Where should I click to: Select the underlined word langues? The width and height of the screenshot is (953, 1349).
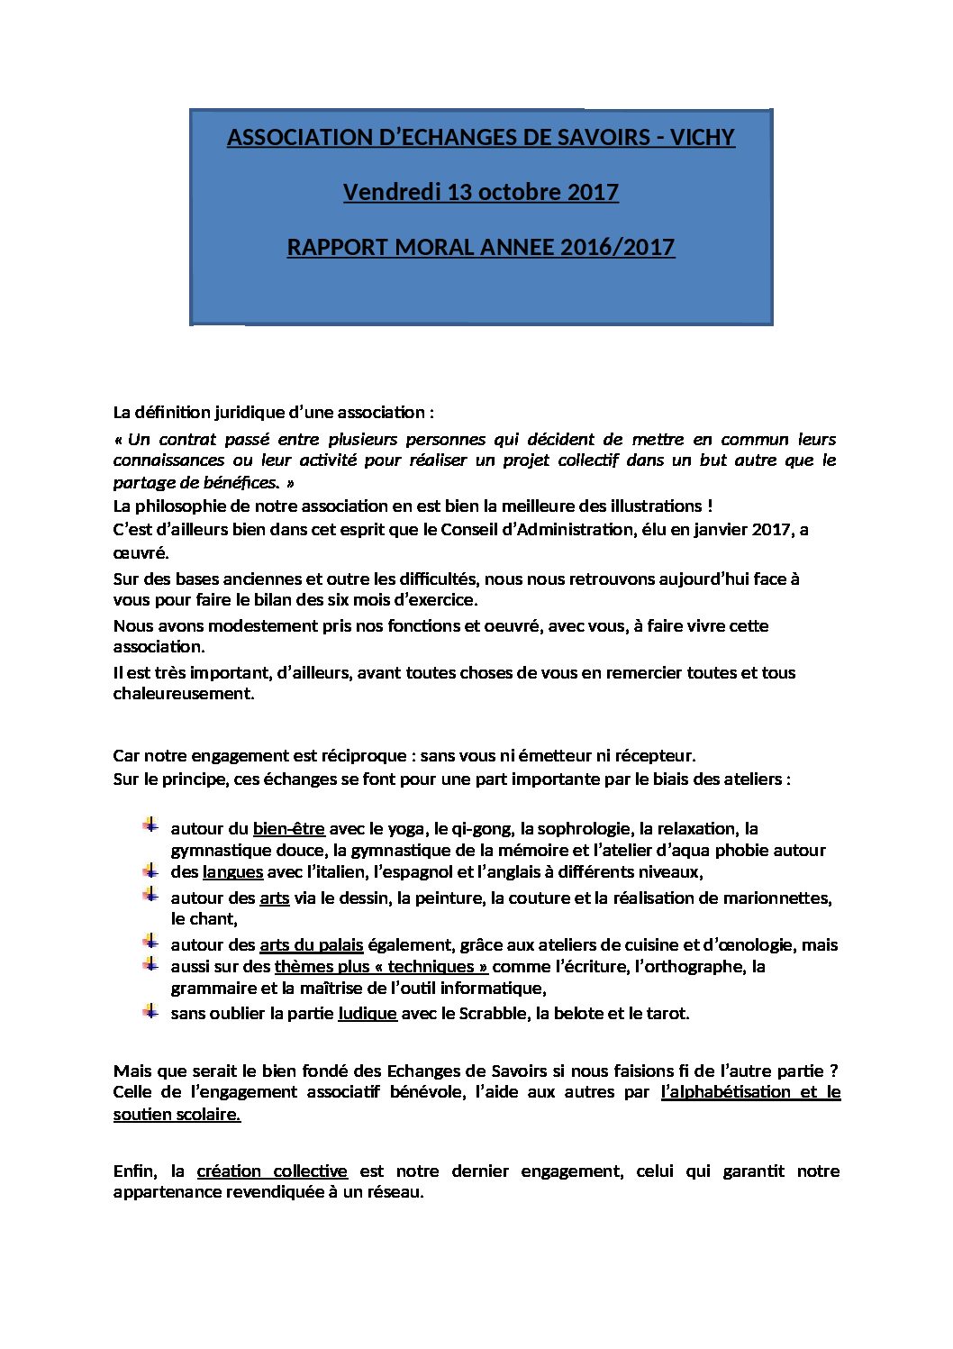232,871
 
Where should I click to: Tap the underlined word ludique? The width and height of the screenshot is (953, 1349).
367,1013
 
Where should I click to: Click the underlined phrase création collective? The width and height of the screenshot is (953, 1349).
272,1171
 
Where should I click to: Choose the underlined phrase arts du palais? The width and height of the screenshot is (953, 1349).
311,944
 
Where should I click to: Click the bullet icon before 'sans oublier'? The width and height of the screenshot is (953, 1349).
150,1011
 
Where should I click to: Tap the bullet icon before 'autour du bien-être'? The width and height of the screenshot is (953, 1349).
150,825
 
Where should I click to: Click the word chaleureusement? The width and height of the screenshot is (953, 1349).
184,693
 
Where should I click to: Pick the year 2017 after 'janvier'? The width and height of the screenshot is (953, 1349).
770,529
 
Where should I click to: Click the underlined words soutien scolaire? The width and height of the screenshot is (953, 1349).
177,1114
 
